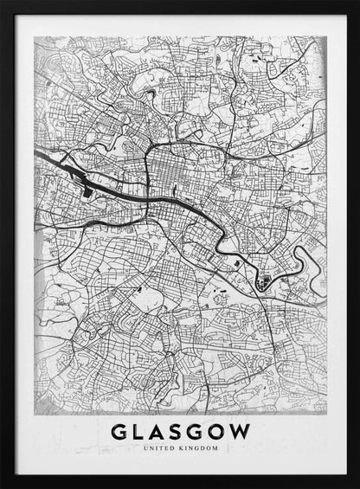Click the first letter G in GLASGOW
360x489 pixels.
[x=120, y=432]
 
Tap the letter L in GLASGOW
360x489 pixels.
[x=141, y=432]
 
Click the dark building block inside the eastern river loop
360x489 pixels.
[x=263, y=280]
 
